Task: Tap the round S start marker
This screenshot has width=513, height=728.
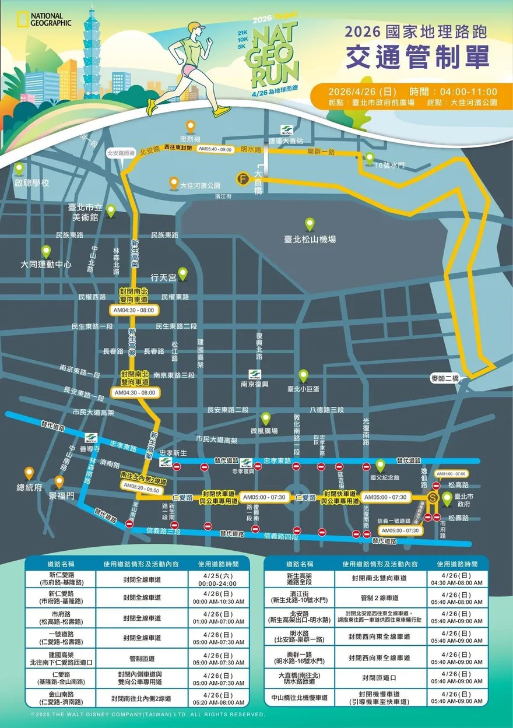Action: coord(433,498)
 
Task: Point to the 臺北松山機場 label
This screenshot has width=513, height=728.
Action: coord(310,240)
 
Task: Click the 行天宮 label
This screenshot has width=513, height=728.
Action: coord(163,277)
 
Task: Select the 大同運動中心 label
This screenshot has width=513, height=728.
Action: coord(46,264)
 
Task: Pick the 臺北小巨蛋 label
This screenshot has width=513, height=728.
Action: coord(304,388)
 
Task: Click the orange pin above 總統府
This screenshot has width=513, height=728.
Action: coord(29,472)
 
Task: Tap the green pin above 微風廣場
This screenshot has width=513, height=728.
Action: coord(266,418)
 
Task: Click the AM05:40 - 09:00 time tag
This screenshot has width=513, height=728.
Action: coord(216,149)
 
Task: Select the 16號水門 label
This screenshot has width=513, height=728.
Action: coord(389,166)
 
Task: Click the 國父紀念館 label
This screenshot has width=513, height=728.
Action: coord(384,477)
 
